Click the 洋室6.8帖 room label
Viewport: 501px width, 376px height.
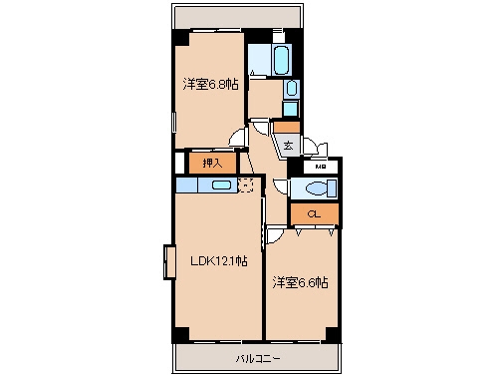tap(210, 85)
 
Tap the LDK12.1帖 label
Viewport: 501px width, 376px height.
tap(219, 260)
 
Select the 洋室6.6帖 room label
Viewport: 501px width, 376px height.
tap(301, 282)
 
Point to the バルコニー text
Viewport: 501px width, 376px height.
tap(258, 358)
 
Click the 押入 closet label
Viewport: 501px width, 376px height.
tap(212, 163)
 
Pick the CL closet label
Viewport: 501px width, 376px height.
tap(314, 213)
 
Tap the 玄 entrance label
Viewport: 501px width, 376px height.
tap(288, 145)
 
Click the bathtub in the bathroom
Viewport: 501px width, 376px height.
tap(281, 60)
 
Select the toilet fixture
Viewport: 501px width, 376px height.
tap(321, 188)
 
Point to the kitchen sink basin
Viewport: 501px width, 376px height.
tap(221, 185)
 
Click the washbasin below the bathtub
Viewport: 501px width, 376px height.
tap(292, 89)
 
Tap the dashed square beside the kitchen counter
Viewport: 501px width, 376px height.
tap(246, 186)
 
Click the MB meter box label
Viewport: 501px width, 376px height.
tap(321, 167)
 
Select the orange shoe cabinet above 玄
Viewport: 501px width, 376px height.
tap(287, 127)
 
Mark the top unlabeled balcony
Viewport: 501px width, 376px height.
tap(237, 17)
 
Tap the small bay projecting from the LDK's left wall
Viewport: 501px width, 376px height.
tap(169, 262)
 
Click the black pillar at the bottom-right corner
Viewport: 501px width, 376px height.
tap(333, 334)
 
